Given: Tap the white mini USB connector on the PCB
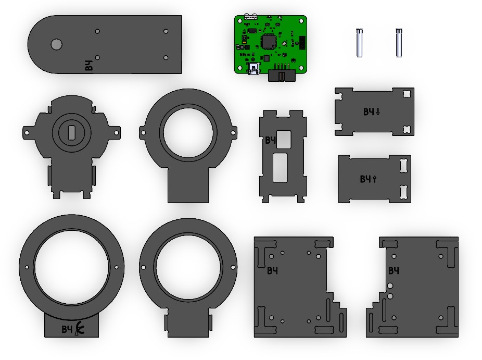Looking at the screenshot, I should (255, 69).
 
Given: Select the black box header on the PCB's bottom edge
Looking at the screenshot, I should (282, 76).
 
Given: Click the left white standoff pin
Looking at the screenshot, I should (359, 42).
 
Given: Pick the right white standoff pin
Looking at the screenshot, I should (399, 42).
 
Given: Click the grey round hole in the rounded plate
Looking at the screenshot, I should (56, 44).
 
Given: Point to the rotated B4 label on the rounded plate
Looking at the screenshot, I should (90, 66).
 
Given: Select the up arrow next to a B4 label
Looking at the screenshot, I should (375, 179).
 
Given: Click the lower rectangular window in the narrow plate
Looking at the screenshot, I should (281, 167).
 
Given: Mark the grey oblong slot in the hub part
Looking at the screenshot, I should (71, 132).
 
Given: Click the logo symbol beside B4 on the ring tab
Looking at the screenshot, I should (80, 328).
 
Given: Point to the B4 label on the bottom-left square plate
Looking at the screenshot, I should (272, 270).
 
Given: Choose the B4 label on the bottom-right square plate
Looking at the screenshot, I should (394, 270).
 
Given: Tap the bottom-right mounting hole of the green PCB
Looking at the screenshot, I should (303, 69).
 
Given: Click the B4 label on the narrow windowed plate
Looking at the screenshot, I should (270, 140).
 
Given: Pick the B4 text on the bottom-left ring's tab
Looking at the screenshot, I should (67, 329).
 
